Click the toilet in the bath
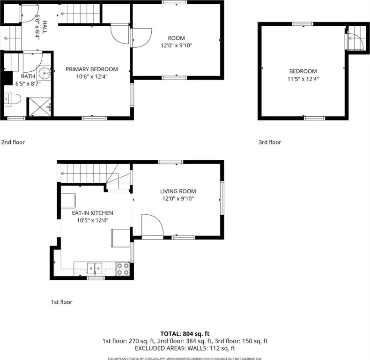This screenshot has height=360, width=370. tap(13, 99)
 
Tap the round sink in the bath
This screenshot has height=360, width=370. tap(44, 73)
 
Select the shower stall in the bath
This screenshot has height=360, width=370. tap(40, 107)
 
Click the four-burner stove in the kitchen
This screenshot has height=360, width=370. tap(123, 269)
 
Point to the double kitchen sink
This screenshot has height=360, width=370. tap(95, 269)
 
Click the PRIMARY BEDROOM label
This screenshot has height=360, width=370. tap(91, 69)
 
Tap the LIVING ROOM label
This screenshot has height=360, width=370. tap(178, 191)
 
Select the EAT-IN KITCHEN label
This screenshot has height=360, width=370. tap(93, 213)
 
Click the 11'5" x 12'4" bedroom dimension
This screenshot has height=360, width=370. tap(303, 79)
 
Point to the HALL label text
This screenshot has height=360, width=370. tap(45, 27)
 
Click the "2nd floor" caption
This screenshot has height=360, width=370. tap(13, 142)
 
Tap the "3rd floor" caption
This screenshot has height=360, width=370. tap(270, 142)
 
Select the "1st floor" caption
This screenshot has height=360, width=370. tap(61, 302)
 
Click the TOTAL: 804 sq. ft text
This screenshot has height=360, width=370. tap(185, 334)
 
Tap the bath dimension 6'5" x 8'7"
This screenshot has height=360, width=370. tap(28, 83)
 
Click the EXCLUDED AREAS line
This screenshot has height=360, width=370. tap(185, 348)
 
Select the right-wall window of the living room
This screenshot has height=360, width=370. tap(222, 198)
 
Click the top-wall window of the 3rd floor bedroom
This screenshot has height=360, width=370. tap(303, 24)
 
